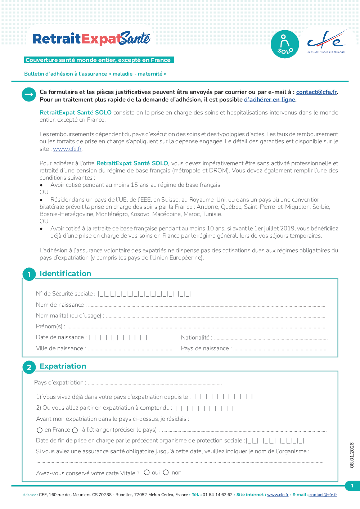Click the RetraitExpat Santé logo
click(x=91, y=39)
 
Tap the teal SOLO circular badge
click(x=285, y=44)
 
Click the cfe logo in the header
click(x=327, y=42)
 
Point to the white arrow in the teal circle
click(x=29, y=95)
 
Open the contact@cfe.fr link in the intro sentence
click(x=316, y=92)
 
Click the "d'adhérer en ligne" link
click(x=270, y=100)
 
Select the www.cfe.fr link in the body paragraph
click(x=67, y=149)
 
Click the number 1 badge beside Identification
click(x=29, y=275)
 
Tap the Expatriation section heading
click(x=63, y=366)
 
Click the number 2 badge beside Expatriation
click(x=29, y=368)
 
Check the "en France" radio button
click(x=40, y=430)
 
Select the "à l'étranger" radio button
click(x=75, y=430)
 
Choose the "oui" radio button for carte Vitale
click(x=147, y=472)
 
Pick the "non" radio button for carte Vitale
click(x=166, y=472)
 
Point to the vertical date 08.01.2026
click(x=352, y=455)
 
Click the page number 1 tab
click(x=352, y=486)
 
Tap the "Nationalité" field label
click(x=196, y=338)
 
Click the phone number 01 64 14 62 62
click(x=217, y=495)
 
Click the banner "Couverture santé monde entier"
click(x=98, y=60)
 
